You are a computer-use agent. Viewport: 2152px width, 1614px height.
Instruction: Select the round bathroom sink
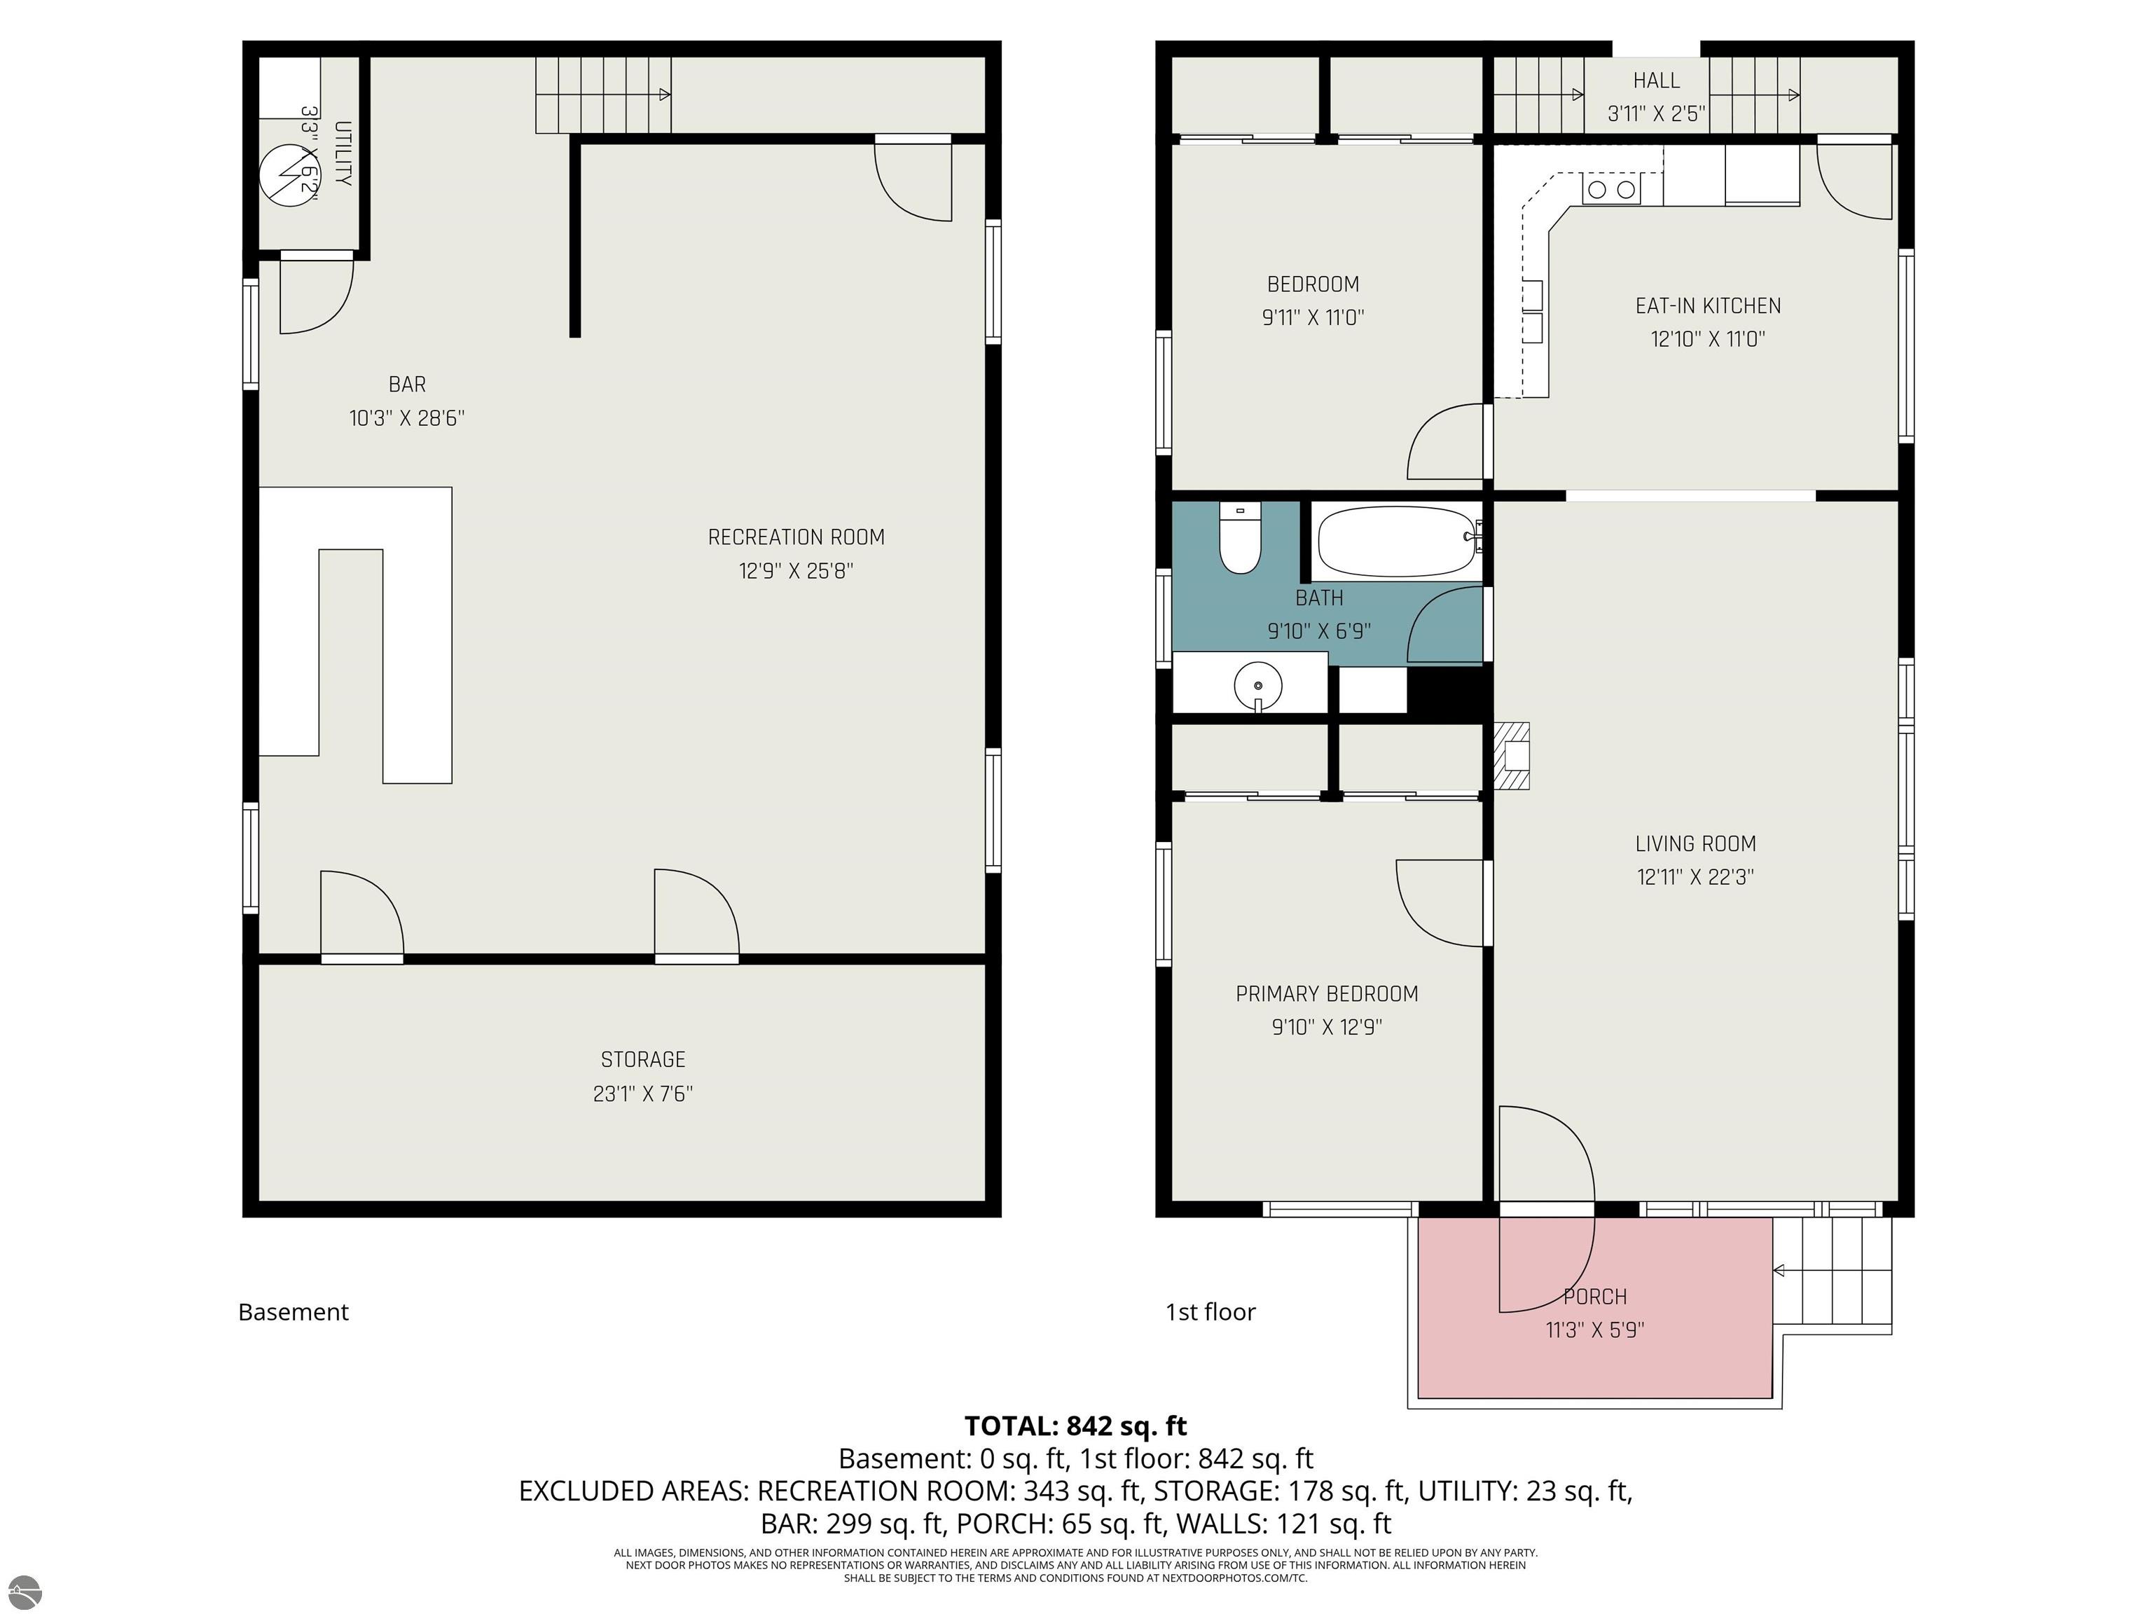1258,685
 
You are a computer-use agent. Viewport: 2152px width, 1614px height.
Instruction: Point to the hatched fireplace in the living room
1511,756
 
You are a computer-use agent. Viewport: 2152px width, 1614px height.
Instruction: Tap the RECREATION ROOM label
796,537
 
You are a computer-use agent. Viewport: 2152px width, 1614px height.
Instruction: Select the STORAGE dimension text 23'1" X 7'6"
642,1094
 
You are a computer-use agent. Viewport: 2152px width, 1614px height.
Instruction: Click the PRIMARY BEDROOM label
1326,993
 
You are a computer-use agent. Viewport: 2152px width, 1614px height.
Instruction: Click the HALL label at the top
1656,81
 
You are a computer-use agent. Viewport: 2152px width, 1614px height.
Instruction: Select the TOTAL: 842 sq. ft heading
1075,1426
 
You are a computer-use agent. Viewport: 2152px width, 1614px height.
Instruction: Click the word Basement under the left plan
293,1311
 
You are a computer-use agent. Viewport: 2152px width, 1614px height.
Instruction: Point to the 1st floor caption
1210,1311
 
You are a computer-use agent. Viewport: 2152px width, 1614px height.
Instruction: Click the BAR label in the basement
407,385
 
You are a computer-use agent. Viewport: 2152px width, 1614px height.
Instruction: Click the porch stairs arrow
1779,1271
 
